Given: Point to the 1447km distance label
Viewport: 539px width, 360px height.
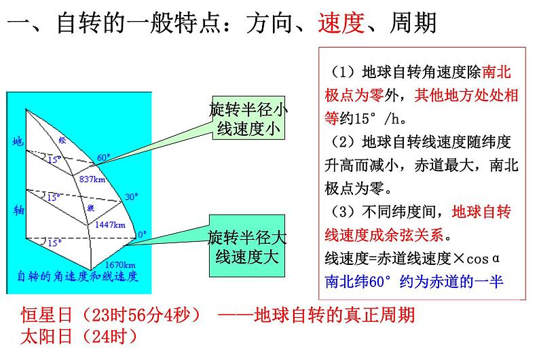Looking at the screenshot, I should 110,223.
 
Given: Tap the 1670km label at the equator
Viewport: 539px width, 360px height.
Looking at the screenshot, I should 120,264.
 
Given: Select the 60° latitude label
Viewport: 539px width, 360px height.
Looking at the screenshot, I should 103,158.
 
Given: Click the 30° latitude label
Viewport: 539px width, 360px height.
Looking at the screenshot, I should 131,197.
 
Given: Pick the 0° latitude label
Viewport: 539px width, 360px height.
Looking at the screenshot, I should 142,235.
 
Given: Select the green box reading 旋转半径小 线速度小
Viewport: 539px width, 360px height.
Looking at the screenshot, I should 248,119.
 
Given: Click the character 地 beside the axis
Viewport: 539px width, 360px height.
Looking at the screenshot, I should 18,142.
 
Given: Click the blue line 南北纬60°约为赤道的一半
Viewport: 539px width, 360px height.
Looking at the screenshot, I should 414,281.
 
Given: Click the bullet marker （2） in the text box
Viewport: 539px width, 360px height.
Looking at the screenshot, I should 343,142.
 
